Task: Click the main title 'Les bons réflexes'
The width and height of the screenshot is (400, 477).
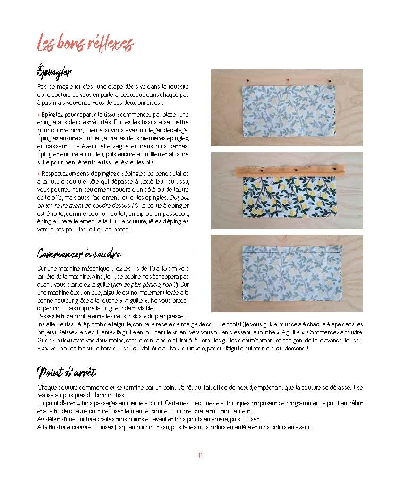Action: pyautogui.click(x=85, y=44)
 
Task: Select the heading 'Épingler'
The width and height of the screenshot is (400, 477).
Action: pyautogui.click(x=54, y=73)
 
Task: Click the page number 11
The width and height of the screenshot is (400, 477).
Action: pyautogui.click(x=200, y=456)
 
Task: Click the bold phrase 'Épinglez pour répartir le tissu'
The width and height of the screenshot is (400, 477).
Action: pyautogui.click(x=77, y=115)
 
